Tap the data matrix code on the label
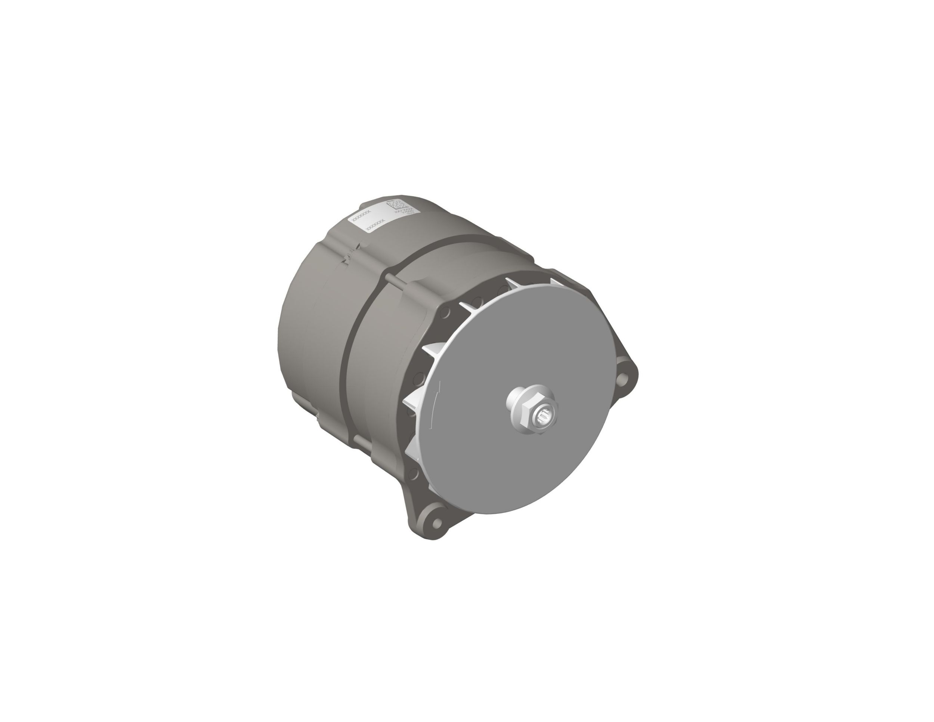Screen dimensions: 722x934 coord(396,205)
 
